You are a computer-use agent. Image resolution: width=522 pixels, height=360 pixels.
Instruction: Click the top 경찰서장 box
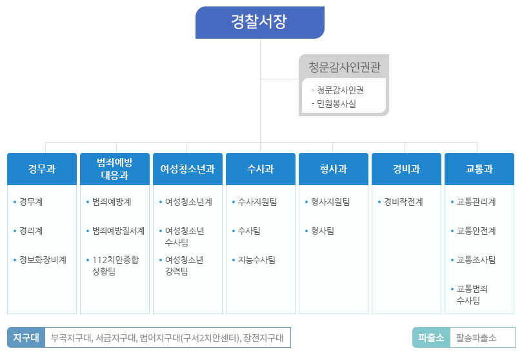pos(260,23)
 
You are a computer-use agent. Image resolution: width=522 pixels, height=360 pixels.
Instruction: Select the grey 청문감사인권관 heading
pos(344,67)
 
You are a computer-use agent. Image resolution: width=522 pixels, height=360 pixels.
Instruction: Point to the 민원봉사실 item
pos(336,104)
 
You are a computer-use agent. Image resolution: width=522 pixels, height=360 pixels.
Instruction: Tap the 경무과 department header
pos(42,168)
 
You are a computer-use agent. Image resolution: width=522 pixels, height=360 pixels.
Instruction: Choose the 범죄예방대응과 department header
pos(115,168)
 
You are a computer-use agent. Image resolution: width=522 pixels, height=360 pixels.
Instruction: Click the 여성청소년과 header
pos(188,168)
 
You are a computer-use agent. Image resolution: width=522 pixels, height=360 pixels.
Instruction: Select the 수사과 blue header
pos(261,168)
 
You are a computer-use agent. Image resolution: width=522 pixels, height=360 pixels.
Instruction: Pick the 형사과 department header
pos(334,168)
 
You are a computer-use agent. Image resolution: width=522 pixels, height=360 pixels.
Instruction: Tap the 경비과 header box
pos(407,168)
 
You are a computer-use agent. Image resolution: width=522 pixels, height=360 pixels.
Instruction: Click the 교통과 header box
pos(479,168)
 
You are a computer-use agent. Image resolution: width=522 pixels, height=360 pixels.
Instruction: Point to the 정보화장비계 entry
pos(43,260)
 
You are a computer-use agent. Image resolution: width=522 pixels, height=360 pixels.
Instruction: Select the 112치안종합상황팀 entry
pos(115,266)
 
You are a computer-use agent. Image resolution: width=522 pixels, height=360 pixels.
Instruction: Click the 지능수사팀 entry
pos(257,260)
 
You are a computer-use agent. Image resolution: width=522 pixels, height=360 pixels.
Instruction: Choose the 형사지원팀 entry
pos(330,202)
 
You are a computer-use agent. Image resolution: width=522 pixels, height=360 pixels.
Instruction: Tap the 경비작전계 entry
pos(403,202)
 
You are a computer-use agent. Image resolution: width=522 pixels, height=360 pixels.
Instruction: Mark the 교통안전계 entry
pos(476,230)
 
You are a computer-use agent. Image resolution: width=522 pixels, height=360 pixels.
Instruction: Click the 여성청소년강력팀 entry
pos(185,266)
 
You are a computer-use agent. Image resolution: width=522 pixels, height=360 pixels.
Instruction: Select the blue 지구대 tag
pos(26,337)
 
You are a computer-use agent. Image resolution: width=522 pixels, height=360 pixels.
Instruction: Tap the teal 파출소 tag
pos(431,337)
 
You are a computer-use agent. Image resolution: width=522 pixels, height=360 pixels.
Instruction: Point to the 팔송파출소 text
pos(476,338)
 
